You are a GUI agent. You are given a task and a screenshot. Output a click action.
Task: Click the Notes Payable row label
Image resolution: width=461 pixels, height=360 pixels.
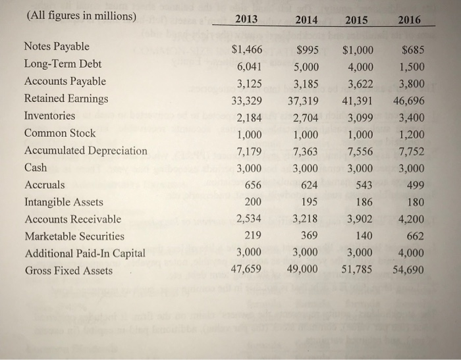tap(57, 47)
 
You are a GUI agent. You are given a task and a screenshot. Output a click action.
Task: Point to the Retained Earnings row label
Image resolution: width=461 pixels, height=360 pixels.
tap(66, 98)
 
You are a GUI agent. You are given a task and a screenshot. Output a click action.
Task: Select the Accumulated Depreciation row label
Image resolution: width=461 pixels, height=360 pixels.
tap(86, 150)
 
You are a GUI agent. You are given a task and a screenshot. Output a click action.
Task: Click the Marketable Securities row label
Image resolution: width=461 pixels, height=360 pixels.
tap(74, 236)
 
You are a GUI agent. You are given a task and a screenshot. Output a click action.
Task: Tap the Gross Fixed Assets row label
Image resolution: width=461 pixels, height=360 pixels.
tap(68, 270)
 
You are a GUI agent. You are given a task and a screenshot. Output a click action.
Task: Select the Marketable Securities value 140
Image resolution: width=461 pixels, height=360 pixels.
tap(364, 236)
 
